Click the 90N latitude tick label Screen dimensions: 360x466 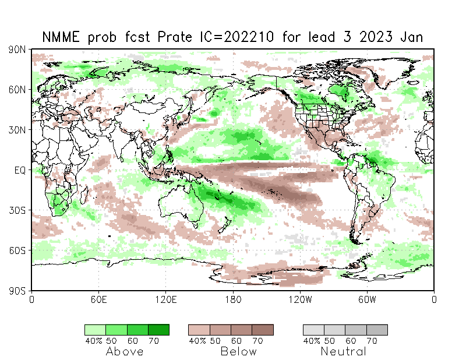click(x=17, y=50)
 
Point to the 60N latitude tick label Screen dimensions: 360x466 click(x=17, y=90)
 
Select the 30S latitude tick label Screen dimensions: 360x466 click(x=17, y=210)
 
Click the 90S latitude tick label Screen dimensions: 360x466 click(x=17, y=290)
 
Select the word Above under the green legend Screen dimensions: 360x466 click(x=125, y=351)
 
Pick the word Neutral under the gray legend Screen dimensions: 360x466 click(x=344, y=351)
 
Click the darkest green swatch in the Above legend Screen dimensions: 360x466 click(x=158, y=330)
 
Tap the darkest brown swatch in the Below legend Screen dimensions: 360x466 click(x=263, y=330)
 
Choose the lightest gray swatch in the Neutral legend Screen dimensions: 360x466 click(x=313, y=330)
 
